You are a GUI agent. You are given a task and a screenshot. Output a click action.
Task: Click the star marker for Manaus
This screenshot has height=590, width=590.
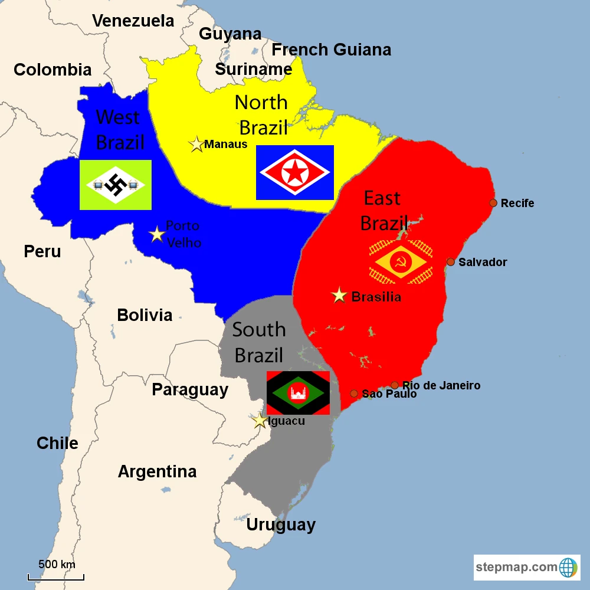196,145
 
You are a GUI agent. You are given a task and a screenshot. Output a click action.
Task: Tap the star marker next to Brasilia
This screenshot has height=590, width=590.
339,295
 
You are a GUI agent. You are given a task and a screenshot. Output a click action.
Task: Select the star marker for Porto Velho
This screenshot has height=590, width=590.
157,234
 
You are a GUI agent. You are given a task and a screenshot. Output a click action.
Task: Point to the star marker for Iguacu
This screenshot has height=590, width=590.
260,421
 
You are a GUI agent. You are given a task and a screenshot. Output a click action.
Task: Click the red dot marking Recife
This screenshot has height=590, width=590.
493,203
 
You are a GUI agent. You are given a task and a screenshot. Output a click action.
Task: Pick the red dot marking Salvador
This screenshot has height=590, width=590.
451,262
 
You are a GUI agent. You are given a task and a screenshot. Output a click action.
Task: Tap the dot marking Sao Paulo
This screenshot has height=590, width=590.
354,394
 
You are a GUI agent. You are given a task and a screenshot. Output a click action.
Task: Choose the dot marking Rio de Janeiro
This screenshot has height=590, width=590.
395,385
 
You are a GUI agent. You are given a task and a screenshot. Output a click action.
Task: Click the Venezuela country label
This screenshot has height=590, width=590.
133,21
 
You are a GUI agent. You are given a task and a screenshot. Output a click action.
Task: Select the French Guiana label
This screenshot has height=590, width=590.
331,50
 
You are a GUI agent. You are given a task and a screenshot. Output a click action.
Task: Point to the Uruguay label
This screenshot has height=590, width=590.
281,525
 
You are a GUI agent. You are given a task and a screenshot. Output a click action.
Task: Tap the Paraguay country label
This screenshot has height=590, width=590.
190,389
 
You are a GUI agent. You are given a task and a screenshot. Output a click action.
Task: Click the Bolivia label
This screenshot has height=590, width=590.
145,315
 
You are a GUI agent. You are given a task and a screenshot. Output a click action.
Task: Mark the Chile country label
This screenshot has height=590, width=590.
57,443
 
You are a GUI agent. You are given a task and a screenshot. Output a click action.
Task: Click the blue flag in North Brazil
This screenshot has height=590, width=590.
295,172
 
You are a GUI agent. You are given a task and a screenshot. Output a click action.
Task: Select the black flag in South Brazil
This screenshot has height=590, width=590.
298,393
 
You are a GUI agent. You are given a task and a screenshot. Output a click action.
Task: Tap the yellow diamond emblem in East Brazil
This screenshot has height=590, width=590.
401,262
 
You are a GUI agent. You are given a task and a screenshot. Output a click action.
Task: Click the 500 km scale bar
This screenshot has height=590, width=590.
56,576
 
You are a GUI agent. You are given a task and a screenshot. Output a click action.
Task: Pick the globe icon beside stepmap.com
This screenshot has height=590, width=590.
568,568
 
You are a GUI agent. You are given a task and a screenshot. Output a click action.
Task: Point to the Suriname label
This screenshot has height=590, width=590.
254,70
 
